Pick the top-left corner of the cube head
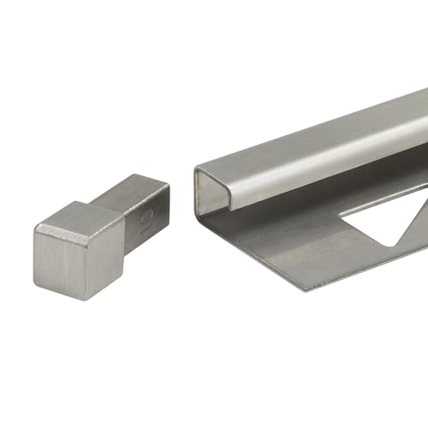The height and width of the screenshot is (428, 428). point(36,225)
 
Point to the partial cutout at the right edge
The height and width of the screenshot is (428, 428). point(419,218)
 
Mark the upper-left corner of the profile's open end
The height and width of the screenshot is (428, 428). point(196,169)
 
